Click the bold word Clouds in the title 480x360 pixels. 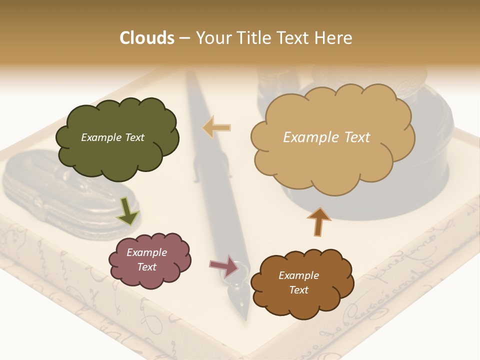tap(147, 38)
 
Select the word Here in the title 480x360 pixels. tap(334, 38)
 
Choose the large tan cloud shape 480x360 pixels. tap(332, 137)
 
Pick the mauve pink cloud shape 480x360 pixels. tap(149, 260)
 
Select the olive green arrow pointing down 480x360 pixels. tap(127, 210)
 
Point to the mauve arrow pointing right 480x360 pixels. tap(224, 265)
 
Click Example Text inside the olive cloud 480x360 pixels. tap(112, 137)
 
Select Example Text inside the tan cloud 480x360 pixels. tap(326, 137)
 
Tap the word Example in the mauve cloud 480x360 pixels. tap(146, 252)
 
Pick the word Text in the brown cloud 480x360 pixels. tap(298, 290)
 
